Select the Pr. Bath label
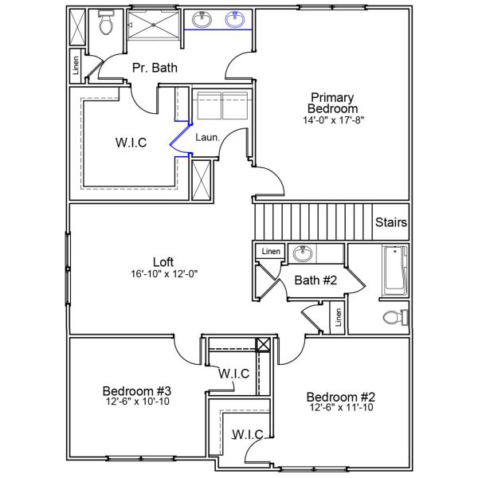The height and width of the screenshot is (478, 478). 155,68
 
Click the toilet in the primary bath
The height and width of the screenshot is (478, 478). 106,25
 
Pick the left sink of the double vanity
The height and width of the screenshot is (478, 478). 202,20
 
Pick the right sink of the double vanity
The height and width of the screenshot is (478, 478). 235,20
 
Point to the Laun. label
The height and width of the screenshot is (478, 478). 207,137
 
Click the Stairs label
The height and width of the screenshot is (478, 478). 391,223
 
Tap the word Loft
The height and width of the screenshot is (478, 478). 163,261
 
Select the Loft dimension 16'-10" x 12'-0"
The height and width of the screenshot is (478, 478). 163,273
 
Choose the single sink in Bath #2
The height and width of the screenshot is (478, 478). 302,254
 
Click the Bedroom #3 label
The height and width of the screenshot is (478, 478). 137,391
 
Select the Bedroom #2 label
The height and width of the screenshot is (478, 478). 340,397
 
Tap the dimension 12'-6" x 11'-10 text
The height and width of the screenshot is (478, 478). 340,408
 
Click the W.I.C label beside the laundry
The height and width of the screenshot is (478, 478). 130,143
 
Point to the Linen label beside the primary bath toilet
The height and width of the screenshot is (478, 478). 76,66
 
